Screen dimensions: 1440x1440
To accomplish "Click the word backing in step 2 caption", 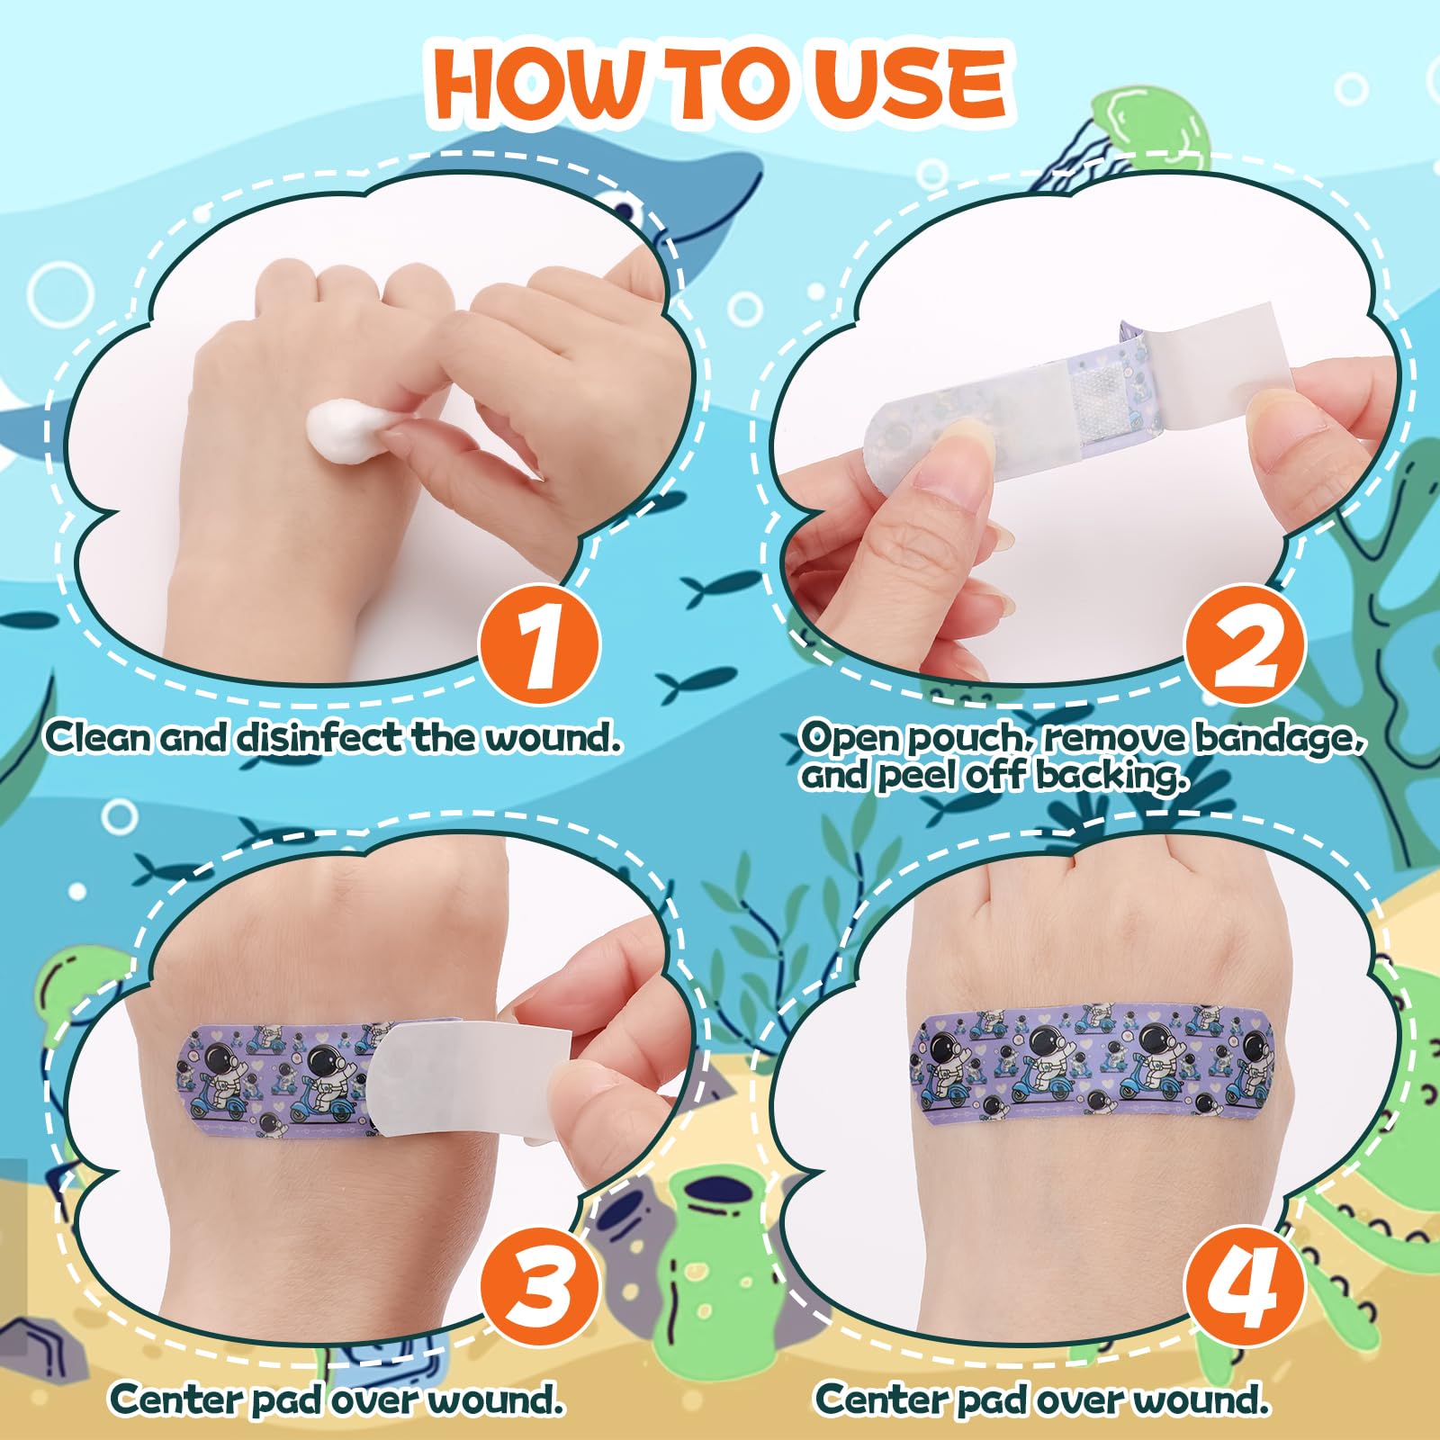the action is pyautogui.click(x=1108, y=775).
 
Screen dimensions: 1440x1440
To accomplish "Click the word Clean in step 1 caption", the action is pyautogui.click(x=99, y=737).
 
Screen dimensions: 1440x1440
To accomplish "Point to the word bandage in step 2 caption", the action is pyautogui.click(x=1280, y=737).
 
